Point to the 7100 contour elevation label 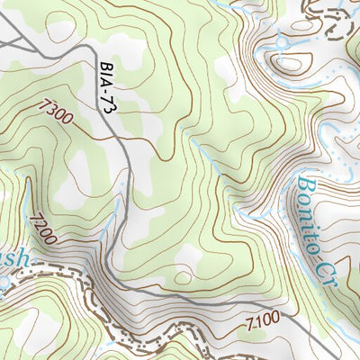click(x=261, y=319)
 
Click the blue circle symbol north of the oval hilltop click(x=283, y=41)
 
